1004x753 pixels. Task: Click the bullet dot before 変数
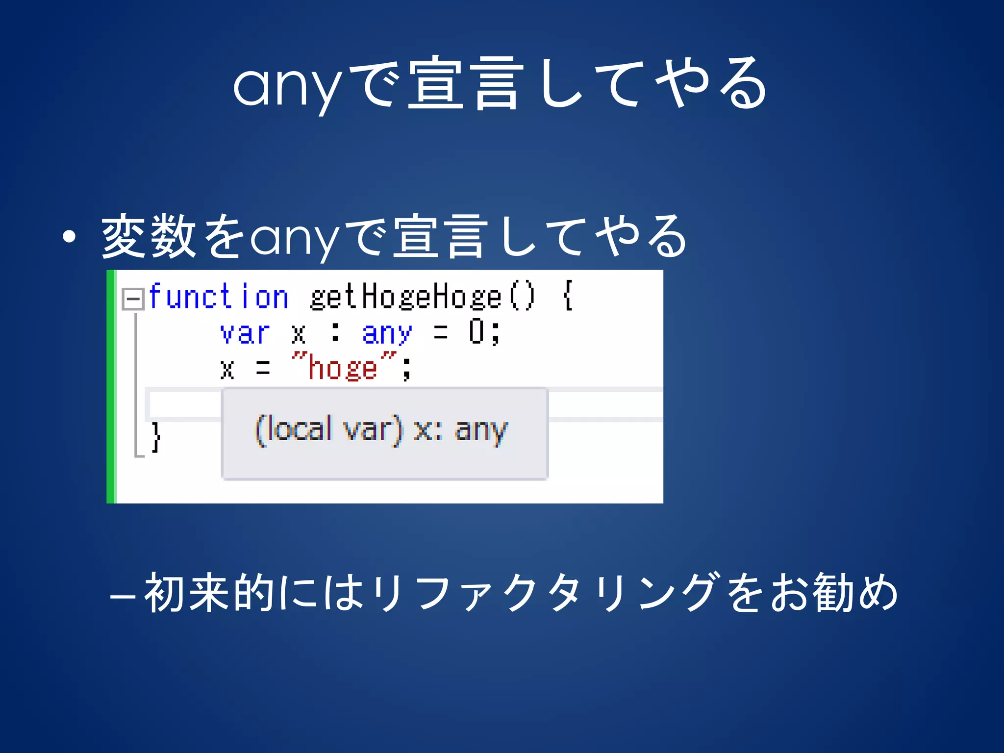coord(70,237)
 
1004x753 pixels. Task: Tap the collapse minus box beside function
coord(132,299)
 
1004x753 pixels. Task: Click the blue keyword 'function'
coord(219,297)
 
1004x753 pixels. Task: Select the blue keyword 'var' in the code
coord(245,333)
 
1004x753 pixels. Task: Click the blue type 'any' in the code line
coord(387,333)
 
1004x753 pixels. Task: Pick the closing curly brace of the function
coord(156,436)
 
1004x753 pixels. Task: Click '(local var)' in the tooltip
coord(328,429)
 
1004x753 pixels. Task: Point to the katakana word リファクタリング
coord(544,593)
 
